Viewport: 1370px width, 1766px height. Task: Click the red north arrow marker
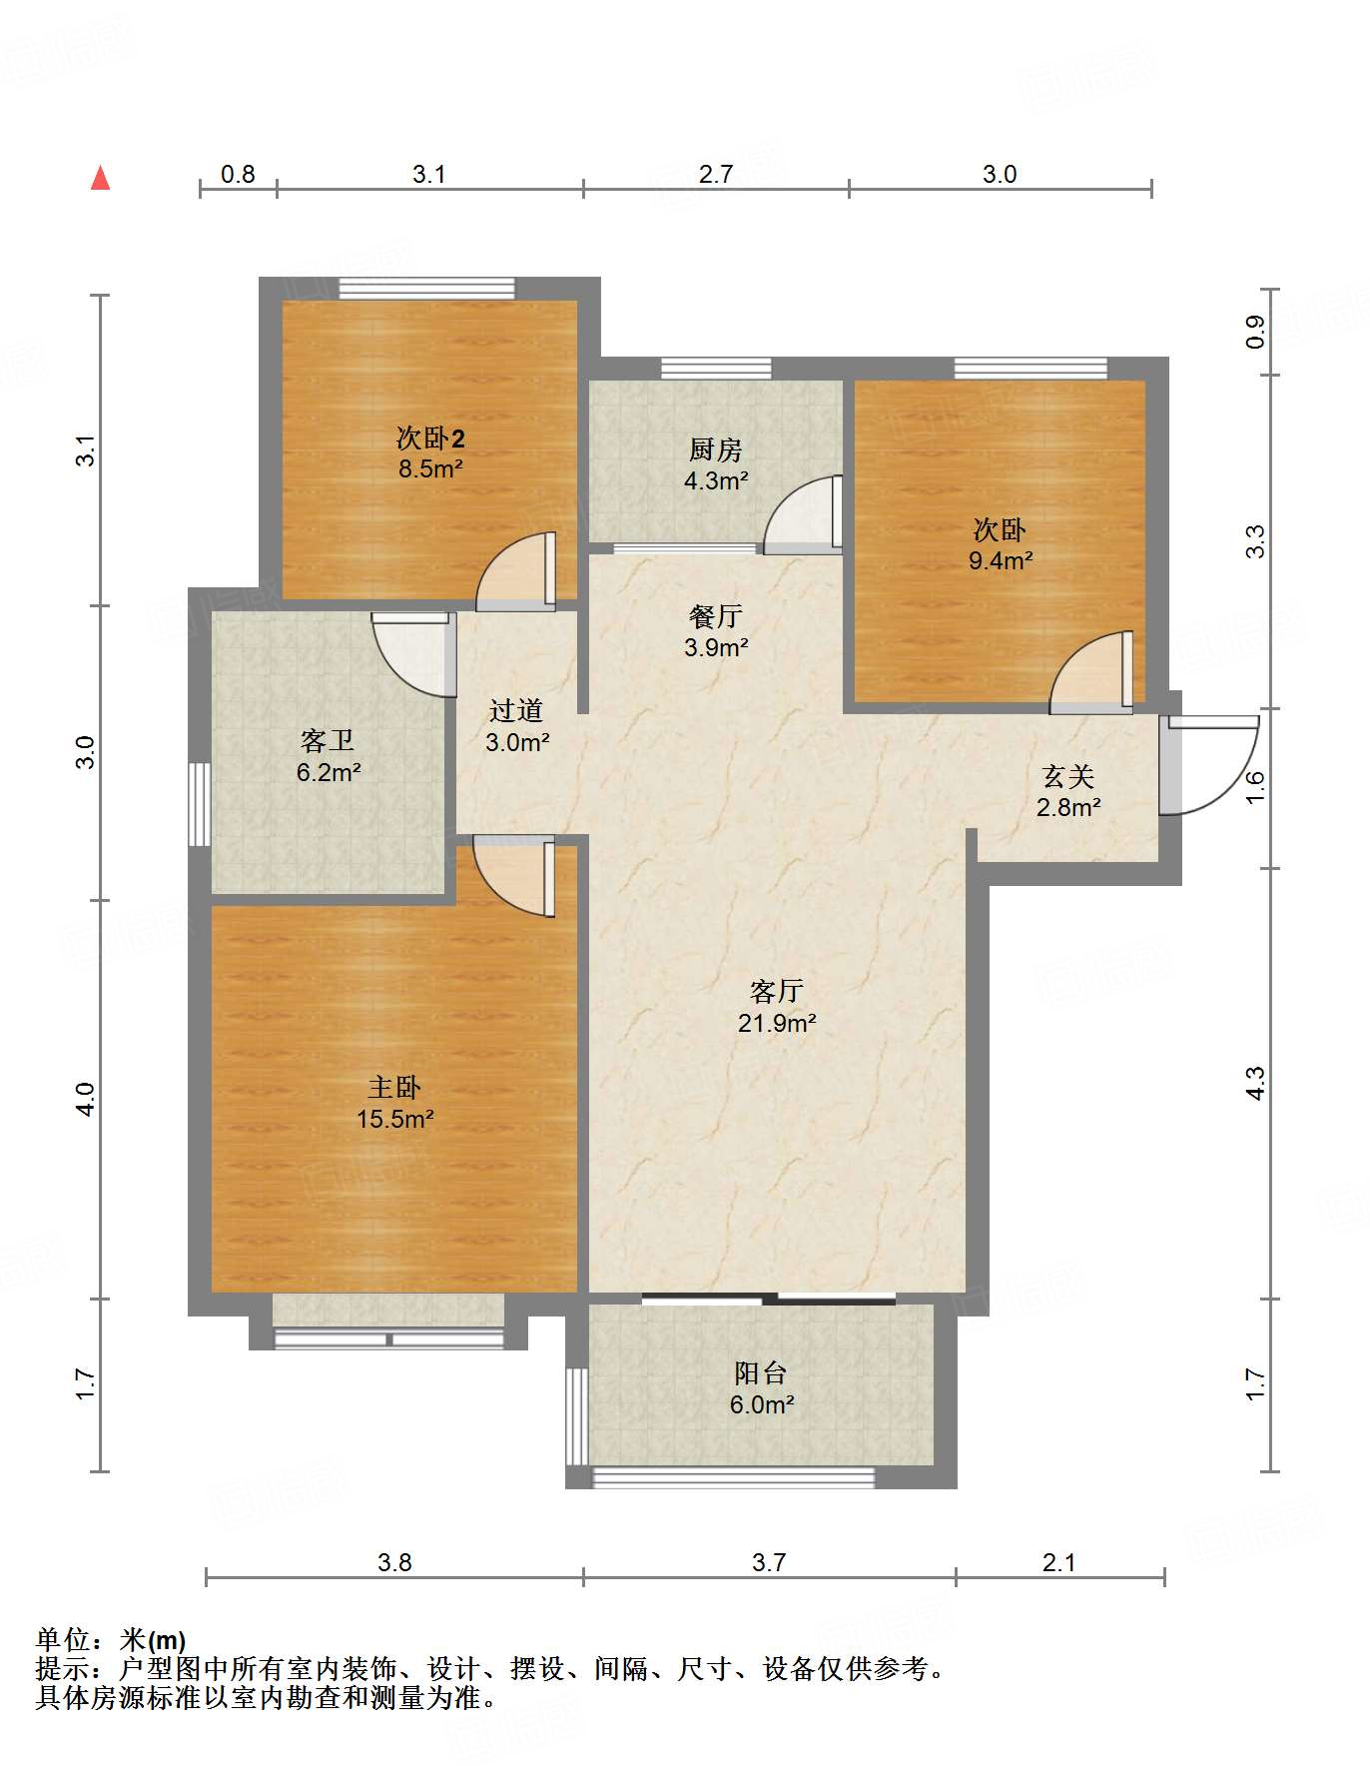100,179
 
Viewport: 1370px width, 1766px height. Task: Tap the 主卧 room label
394,1087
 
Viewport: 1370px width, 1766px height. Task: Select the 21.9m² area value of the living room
777,1023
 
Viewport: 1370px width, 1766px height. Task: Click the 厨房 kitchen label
716,450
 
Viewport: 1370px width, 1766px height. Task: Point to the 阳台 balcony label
761,1373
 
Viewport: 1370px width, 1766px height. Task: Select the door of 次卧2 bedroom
515,572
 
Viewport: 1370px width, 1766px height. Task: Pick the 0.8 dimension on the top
238,175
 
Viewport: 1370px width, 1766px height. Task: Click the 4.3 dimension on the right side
1255,1083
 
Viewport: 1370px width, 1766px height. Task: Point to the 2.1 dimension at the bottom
1058,1562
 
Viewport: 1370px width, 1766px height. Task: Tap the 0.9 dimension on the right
1255,332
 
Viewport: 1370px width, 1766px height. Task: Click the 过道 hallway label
516,710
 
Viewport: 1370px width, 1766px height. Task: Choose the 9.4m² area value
1001,560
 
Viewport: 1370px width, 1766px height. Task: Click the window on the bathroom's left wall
200,805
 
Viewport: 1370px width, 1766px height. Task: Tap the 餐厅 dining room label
716,616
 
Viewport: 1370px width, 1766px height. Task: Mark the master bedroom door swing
514,876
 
